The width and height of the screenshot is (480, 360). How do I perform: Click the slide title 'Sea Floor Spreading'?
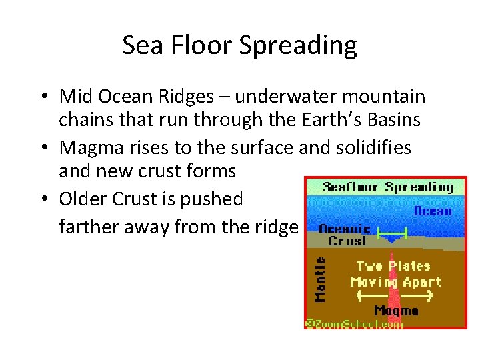point(240,46)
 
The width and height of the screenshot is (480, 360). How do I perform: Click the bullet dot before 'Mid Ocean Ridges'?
point(42,97)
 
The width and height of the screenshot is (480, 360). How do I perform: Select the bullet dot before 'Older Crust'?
point(42,199)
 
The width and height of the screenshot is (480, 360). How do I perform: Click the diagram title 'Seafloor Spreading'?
point(387,187)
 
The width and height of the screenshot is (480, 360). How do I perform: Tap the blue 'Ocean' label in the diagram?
point(433,211)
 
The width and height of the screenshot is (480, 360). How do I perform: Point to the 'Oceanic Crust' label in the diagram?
point(345,235)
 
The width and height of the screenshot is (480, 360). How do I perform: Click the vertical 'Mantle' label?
point(321,279)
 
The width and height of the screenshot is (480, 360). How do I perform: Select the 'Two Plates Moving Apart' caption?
point(395,274)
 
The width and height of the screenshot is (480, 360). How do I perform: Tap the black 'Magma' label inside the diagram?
point(396,311)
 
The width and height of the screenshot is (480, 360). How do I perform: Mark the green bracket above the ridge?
point(392,235)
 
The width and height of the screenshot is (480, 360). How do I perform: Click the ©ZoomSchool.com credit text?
point(354,324)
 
